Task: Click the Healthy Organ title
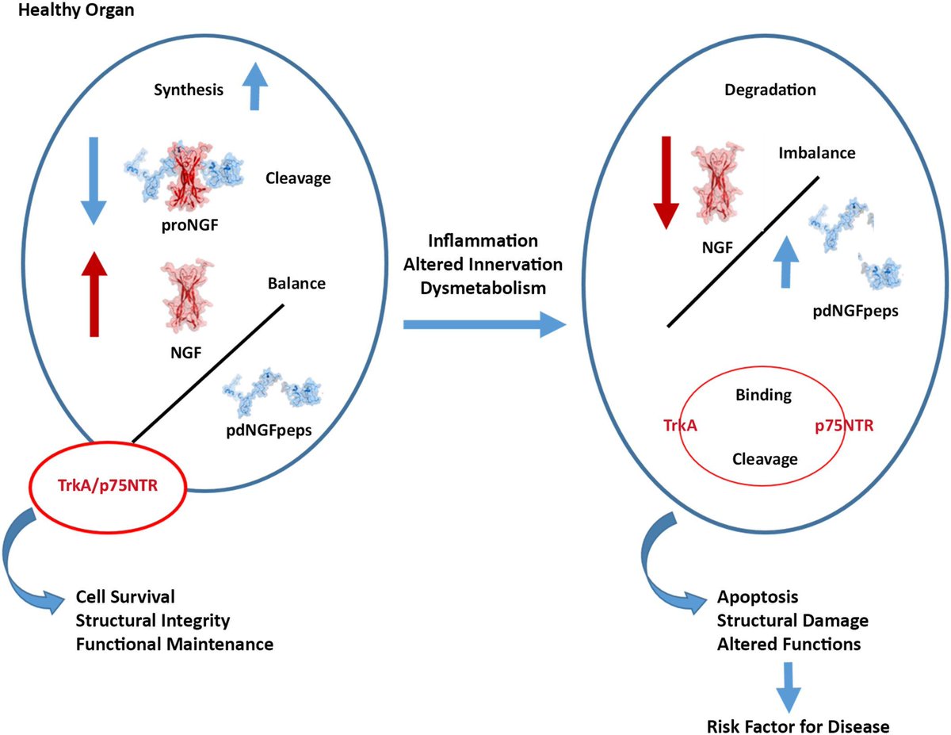pos(76,10)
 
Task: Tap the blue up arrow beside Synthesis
pos(254,86)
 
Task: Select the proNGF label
pos(189,225)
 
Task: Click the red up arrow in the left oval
pos(94,294)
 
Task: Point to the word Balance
pos(296,284)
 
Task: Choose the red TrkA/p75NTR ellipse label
pos(108,486)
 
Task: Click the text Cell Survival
pos(125,597)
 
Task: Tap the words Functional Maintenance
pos(174,644)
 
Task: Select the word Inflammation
pos(483,241)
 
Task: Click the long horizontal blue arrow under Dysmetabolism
pos(485,324)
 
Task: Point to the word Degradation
pos(770,90)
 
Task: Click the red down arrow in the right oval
pos(666,183)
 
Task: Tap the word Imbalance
pos(816,153)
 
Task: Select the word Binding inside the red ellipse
pos(764,396)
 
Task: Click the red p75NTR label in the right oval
pos(844,426)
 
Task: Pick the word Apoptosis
pos(758,597)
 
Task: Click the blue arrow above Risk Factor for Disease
pos(789,687)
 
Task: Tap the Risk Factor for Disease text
pos(798,727)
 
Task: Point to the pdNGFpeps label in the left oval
pos(269,431)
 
